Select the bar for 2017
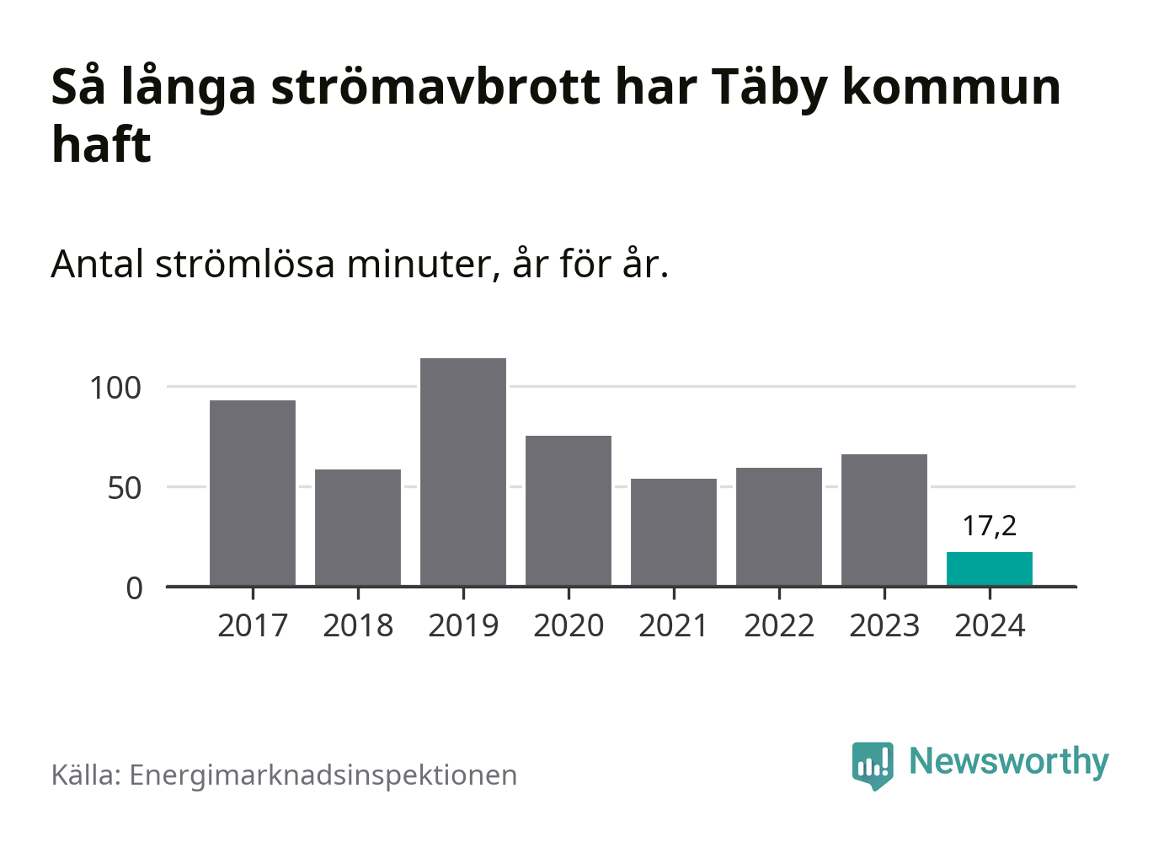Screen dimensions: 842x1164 pyautogui.click(x=253, y=493)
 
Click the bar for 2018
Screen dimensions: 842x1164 pyautogui.click(x=358, y=528)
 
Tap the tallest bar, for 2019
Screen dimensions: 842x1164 pyautogui.click(x=463, y=472)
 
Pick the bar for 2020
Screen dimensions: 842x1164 pyautogui.click(x=569, y=511)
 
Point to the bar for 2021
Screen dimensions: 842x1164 pyautogui.click(x=674, y=532)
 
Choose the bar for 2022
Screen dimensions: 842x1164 pyautogui.click(x=779, y=527)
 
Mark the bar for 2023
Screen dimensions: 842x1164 pyautogui.click(x=884, y=520)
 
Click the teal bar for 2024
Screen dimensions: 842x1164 pyautogui.click(x=990, y=569)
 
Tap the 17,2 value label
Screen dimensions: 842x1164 pyautogui.click(x=990, y=526)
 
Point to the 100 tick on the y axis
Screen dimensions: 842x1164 pyautogui.click(x=115, y=388)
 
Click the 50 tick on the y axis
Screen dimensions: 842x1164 pyautogui.click(x=125, y=488)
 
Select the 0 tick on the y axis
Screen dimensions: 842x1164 pyautogui.click(x=135, y=587)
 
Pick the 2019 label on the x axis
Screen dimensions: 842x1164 pyautogui.click(x=463, y=626)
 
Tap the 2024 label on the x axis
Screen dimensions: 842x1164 pyautogui.click(x=990, y=626)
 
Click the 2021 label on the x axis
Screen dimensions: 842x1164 pyautogui.click(x=674, y=626)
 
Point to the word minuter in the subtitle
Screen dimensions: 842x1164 pyautogui.click(x=419, y=265)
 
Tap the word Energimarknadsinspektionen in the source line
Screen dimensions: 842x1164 pyautogui.click(x=323, y=775)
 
